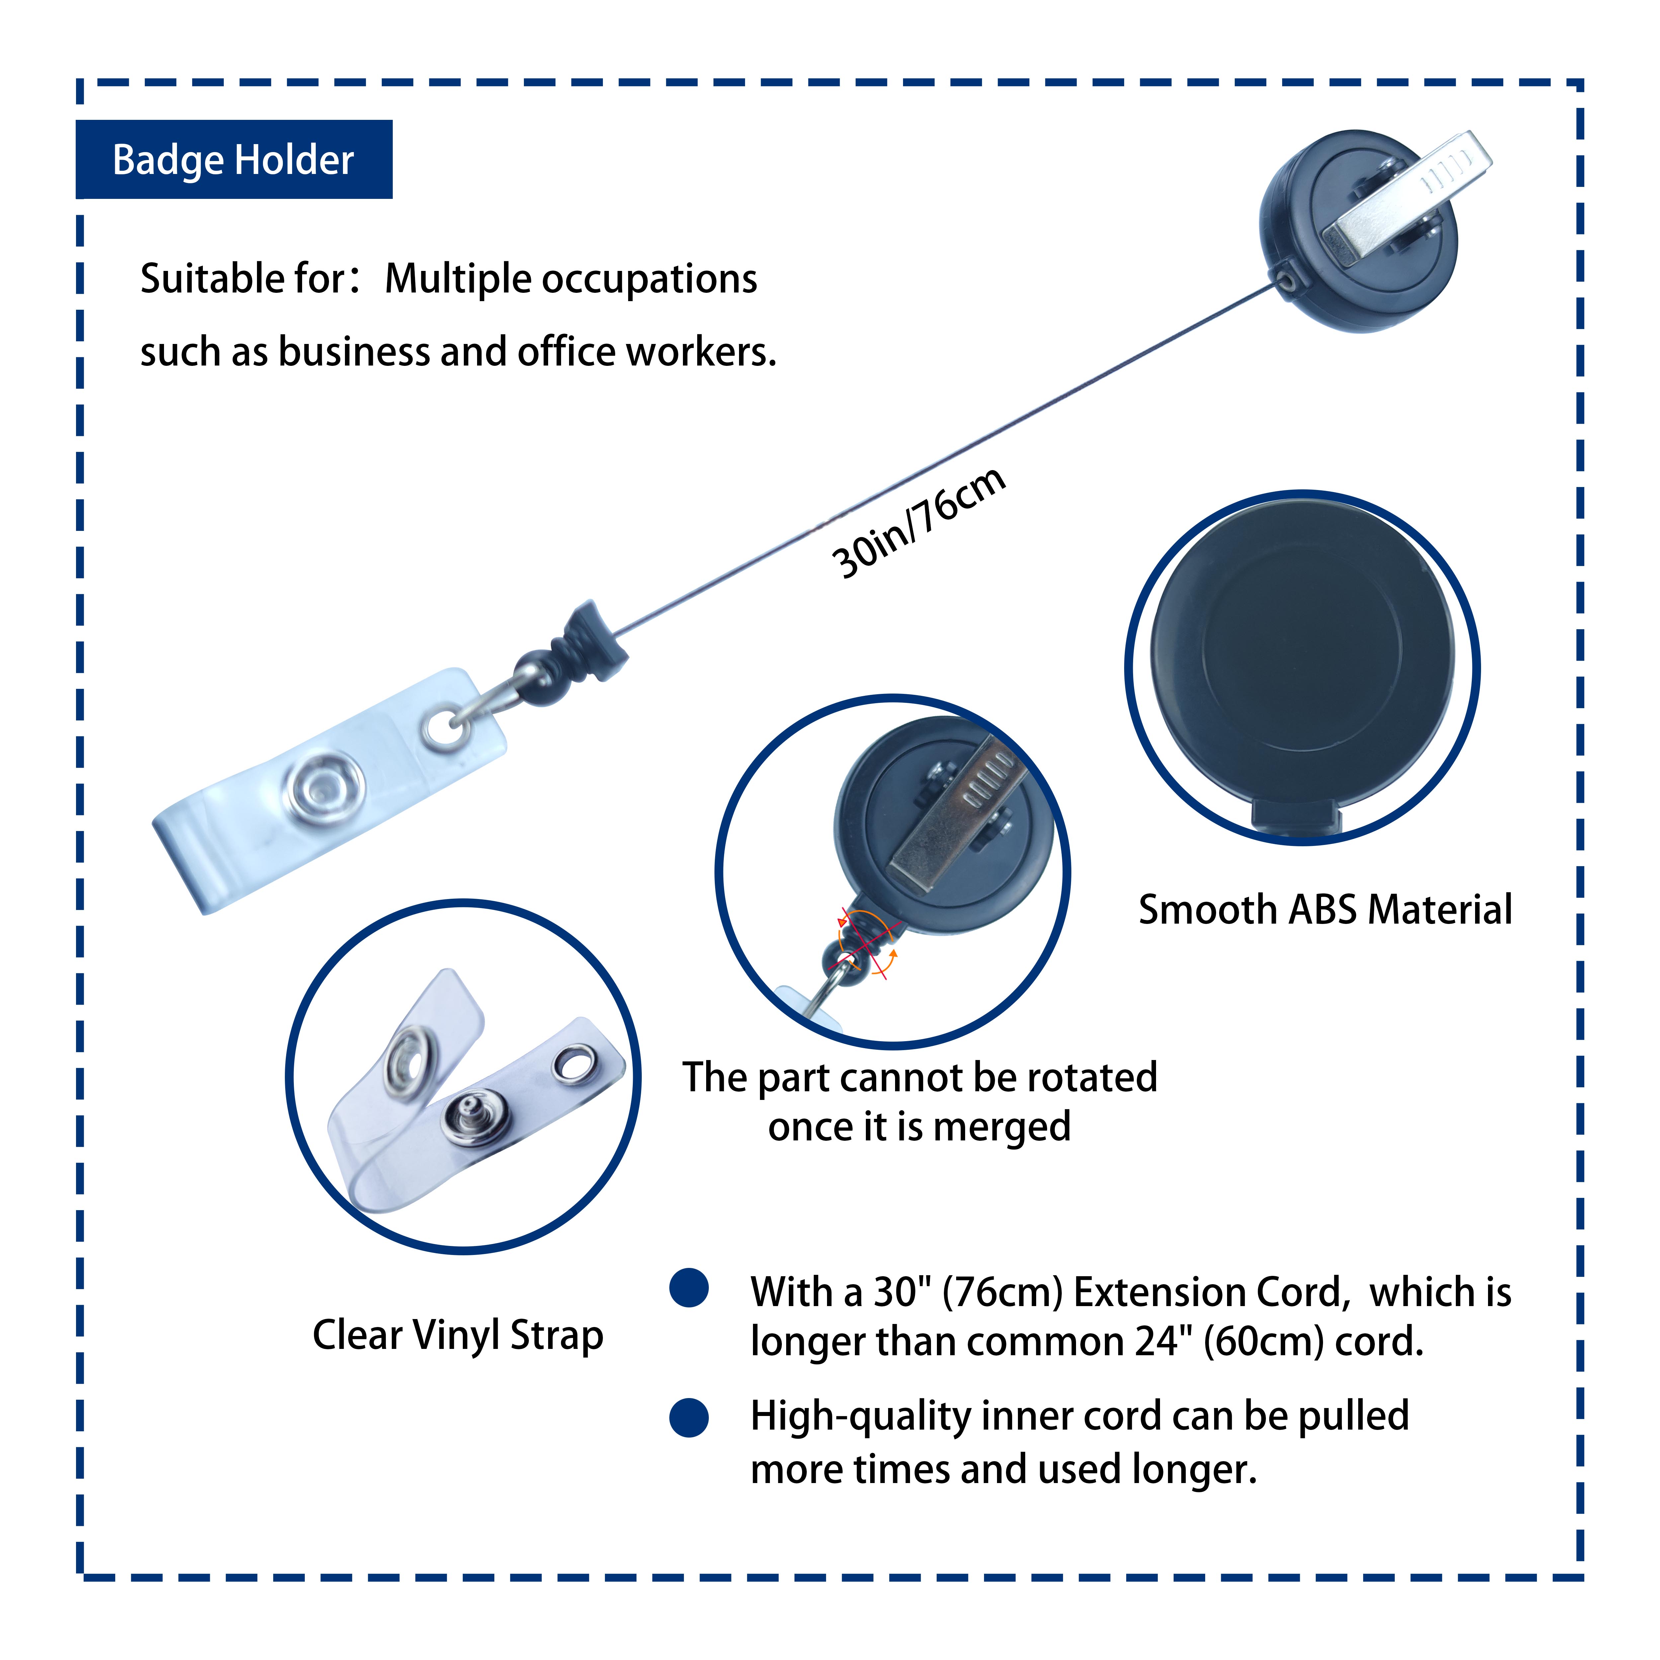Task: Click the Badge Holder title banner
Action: tap(234, 160)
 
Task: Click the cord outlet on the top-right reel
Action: tap(1286, 280)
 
